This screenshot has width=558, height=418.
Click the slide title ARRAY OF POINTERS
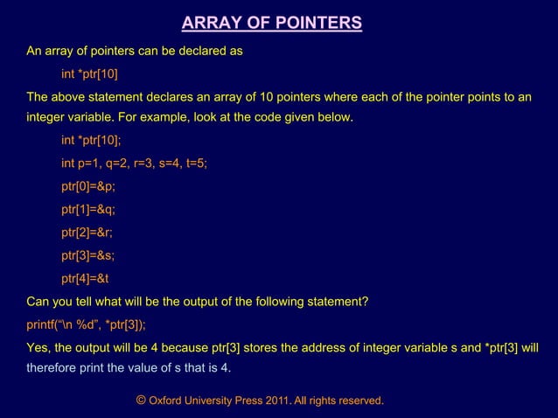[271, 23]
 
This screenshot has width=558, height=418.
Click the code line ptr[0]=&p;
[88, 187]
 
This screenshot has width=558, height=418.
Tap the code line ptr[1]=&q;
[88, 210]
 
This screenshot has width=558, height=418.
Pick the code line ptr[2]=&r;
[87, 233]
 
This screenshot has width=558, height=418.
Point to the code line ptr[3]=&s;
[88, 256]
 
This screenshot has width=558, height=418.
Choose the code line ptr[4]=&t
[85, 279]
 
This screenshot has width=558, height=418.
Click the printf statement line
[87, 324]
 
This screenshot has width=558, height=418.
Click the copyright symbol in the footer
[141, 400]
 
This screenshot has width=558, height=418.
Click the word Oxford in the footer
[166, 401]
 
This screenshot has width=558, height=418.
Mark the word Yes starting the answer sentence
[38, 347]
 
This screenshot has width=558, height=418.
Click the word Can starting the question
[38, 303]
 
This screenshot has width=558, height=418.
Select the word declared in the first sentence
[202, 51]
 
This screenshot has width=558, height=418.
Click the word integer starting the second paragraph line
[48, 118]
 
